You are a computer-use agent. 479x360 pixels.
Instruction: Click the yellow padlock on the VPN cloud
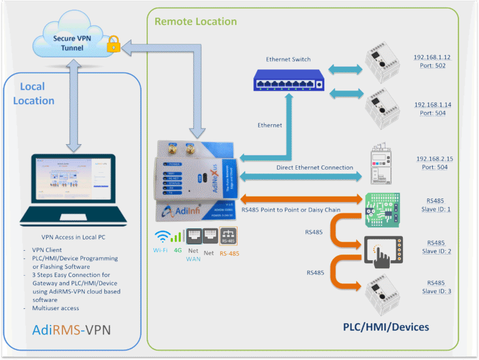click(113, 44)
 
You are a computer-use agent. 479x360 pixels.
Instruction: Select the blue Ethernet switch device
click(289, 79)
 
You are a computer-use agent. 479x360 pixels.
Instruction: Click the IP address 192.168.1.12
click(432, 57)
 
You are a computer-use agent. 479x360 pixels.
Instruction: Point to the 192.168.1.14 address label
click(432, 105)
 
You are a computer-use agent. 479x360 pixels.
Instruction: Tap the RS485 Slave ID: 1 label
click(436, 205)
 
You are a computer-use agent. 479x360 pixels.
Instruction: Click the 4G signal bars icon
click(177, 236)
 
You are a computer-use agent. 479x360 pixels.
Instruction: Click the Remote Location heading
click(195, 21)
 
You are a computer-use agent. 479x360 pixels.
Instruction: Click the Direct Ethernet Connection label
click(314, 168)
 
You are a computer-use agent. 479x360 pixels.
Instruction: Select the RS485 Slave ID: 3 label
click(436, 286)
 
